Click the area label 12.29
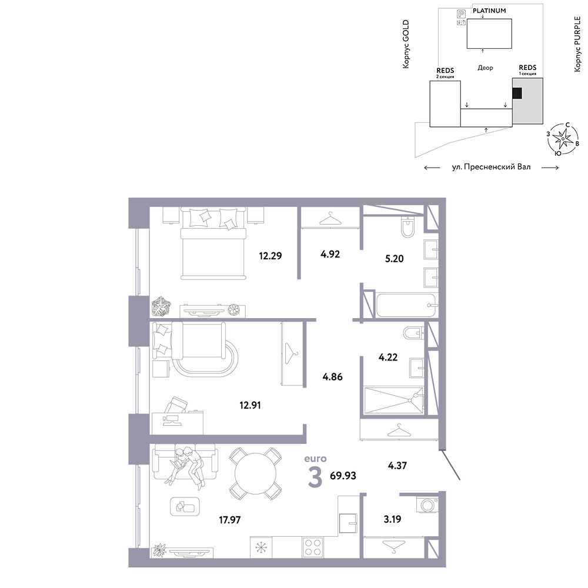[270, 256]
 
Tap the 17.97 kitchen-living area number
[229, 520]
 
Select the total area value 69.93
[343, 476]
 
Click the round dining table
[255, 473]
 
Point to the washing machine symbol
[427, 505]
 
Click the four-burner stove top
[313, 547]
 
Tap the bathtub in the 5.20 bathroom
[406, 305]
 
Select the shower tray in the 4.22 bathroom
[393, 400]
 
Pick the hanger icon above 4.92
[330, 219]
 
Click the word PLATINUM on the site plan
[489, 11]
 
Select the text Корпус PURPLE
[577, 44]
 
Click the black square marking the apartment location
[517, 93]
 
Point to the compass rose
[563, 139]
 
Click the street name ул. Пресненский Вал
[491, 167]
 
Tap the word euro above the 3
[315, 459]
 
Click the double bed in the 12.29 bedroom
[213, 243]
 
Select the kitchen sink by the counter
[348, 523]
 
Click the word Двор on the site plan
[485, 68]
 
